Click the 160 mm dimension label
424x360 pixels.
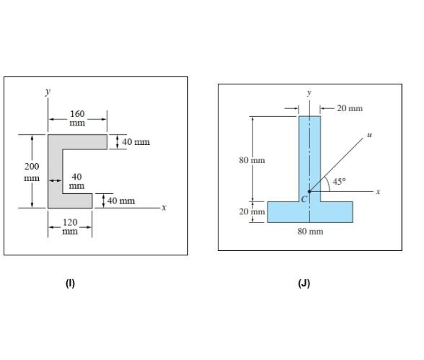77,118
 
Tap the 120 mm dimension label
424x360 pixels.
70,227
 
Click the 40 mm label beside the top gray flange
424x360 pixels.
136,141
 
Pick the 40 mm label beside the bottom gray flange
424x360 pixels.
120,200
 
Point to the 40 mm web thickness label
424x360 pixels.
76,181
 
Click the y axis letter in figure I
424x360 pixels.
48,92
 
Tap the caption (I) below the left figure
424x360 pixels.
70,284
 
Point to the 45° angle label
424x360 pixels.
339,183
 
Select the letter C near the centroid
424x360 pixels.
304,198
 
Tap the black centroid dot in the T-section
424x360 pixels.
310,191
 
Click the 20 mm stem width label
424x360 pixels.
350,108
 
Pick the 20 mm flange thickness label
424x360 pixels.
252,212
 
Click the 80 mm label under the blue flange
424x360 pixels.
310,232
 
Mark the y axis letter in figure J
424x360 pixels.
309,93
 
